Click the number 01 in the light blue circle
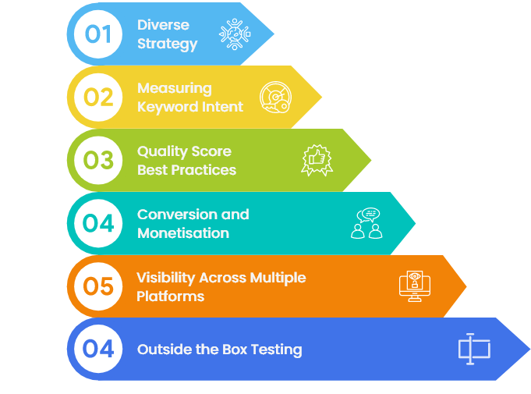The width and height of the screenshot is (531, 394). pos(98,34)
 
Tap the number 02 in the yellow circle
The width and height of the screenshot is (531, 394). pos(98,98)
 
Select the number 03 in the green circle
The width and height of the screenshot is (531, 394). pos(98,160)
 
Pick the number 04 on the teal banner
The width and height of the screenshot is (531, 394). pos(98,223)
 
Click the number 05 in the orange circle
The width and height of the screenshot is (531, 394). pos(98,286)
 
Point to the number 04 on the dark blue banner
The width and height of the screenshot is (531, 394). pos(98,349)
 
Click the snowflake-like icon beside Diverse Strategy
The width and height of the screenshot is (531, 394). pos(235,34)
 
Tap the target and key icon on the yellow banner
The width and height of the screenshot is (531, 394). pos(276,98)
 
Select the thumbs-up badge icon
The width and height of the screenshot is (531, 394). pos(317,160)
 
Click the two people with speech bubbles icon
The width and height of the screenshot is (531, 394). pos(366,223)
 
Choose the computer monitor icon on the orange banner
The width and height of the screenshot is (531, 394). pos(415,286)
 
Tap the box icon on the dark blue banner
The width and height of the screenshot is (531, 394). pos(474,349)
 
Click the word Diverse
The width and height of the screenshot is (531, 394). pos(163,25)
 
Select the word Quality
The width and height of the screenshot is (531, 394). pos(160,151)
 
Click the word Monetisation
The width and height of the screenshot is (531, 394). pos(183,233)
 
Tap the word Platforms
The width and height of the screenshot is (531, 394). pos(170,296)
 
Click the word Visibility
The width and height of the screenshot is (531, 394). pos(165,278)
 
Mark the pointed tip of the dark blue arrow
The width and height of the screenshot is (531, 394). pos(529,349)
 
